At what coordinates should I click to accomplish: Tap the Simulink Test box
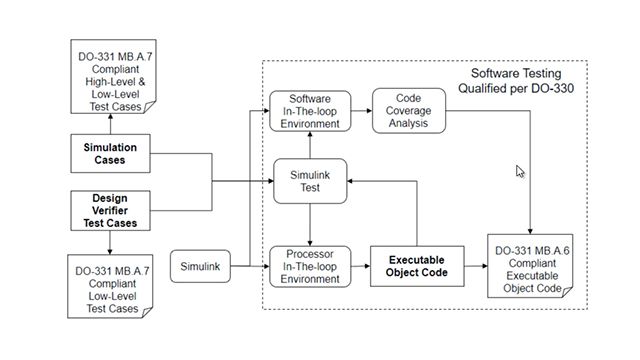coord(310,180)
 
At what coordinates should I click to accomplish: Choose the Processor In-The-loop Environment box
coord(310,265)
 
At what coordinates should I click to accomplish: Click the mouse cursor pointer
coord(520,171)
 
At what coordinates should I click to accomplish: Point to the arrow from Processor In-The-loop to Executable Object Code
coord(361,265)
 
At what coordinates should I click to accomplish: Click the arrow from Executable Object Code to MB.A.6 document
coord(472,265)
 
